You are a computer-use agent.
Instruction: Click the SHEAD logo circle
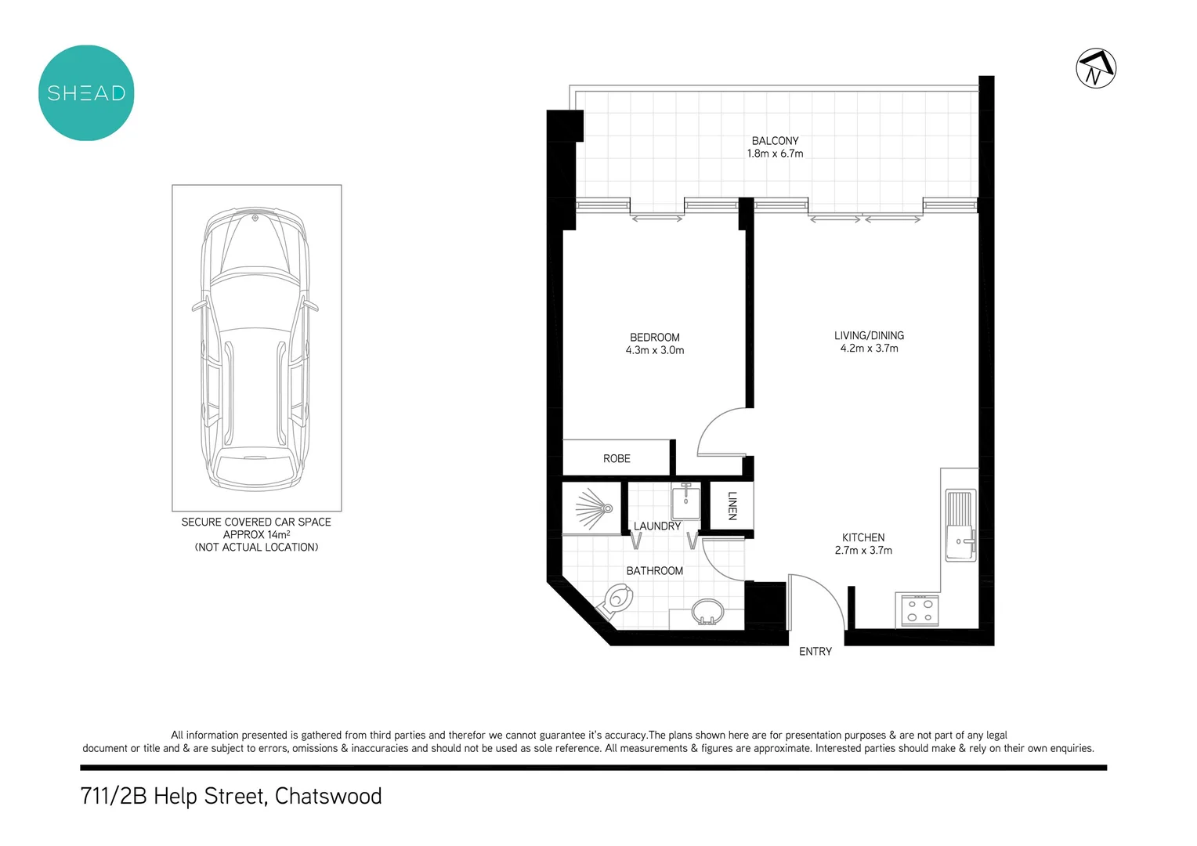click(x=86, y=92)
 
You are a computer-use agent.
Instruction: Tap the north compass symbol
click(x=1096, y=68)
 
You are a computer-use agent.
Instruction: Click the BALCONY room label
click(x=775, y=141)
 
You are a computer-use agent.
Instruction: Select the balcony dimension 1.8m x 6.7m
click(x=775, y=154)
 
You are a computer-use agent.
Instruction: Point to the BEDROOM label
click(x=654, y=338)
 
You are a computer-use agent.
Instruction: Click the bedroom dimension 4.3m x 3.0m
click(x=654, y=350)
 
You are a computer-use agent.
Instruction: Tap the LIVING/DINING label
click(x=869, y=335)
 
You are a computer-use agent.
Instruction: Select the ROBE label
click(x=617, y=458)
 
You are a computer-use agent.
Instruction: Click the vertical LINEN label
click(x=732, y=505)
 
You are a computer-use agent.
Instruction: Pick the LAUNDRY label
click(x=656, y=526)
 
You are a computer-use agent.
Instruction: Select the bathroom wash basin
click(x=708, y=612)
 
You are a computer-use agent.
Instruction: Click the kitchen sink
click(x=960, y=526)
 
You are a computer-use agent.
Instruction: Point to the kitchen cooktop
click(x=919, y=610)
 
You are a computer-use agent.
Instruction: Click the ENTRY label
click(x=815, y=652)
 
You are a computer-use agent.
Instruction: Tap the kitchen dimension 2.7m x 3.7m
click(x=863, y=551)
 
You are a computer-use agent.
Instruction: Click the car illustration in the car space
click(x=255, y=349)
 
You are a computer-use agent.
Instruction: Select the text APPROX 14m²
click(x=256, y=534)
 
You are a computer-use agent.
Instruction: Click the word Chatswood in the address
click(x=328, y=796)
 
